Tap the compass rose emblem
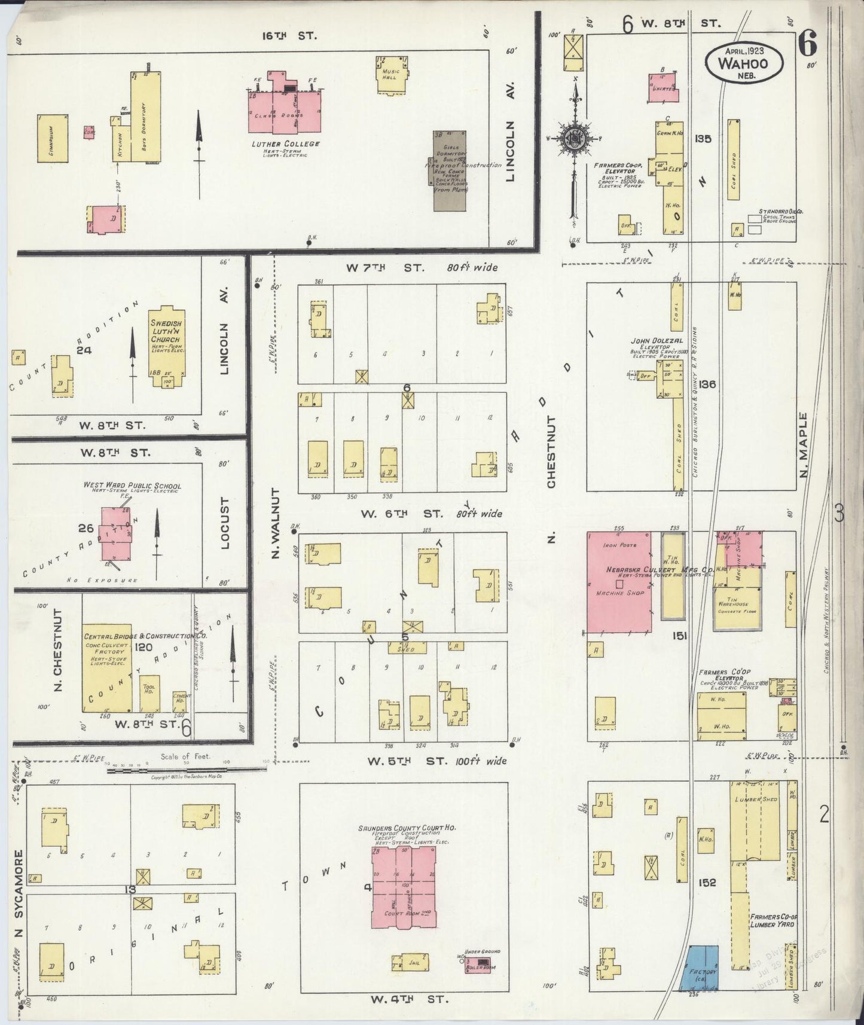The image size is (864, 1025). click(x=575, y=139)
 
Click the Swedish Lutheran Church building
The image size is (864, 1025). click(x=167, y=347)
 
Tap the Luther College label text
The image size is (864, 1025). click(x=285, y=144)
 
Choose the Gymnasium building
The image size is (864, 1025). click(x=52, y=138)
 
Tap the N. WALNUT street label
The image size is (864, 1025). click(x=275, y=523)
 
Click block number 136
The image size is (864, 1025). click(x=707, y=385)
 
